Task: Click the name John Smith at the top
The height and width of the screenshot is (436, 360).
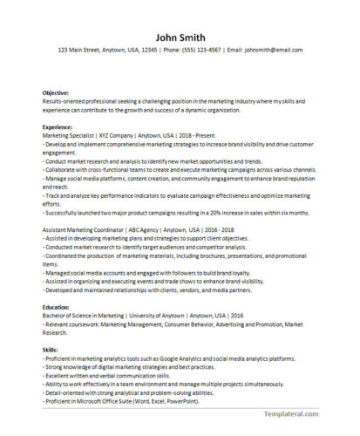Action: coord(180,37)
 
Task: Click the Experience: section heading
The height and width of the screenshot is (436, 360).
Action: coord(60,126)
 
